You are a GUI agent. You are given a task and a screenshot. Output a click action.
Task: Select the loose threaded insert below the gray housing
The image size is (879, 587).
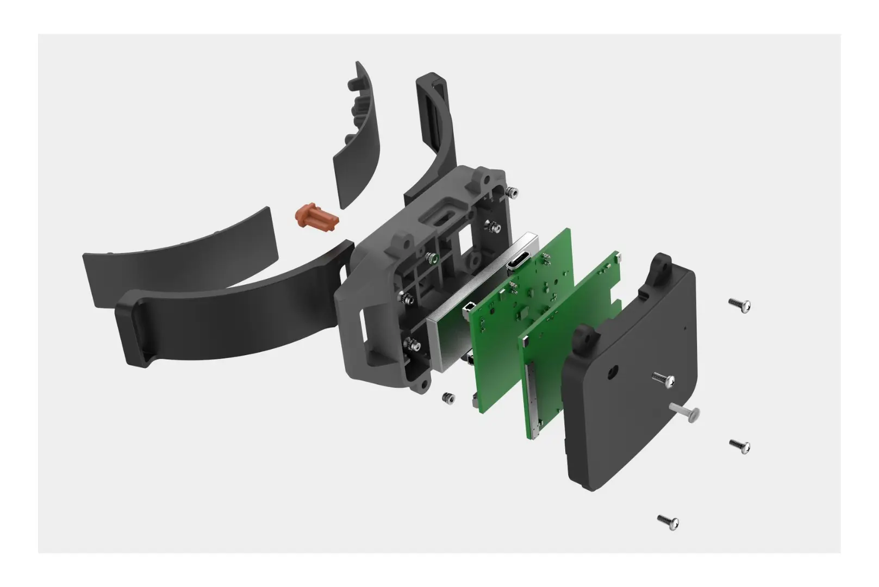(x=448, y=398)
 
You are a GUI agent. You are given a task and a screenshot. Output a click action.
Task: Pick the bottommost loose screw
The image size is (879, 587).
(x=668, y=522)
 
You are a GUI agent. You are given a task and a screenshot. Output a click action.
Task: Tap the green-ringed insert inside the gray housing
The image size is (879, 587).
(x=432, y=258)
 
